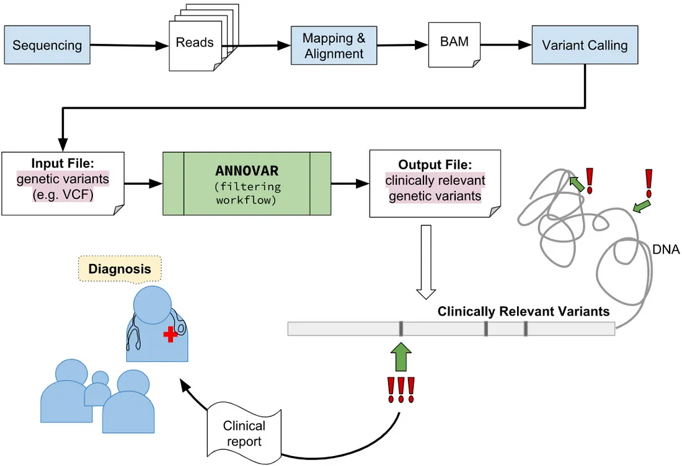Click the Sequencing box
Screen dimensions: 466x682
click(47, 45)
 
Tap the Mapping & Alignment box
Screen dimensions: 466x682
click(334, 46)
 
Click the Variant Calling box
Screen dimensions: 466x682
click(585, 45)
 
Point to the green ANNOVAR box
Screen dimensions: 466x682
click(247, 183)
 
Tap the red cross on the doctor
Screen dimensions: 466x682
click(170, 335)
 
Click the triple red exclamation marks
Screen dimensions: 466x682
click(401, 390)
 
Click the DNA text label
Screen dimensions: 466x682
click(666, 250)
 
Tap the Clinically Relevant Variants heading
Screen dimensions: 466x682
click(523, 312)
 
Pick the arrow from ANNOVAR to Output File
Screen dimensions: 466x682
click(350, 183)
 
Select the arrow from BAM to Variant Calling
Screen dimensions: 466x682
click(505, 45)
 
